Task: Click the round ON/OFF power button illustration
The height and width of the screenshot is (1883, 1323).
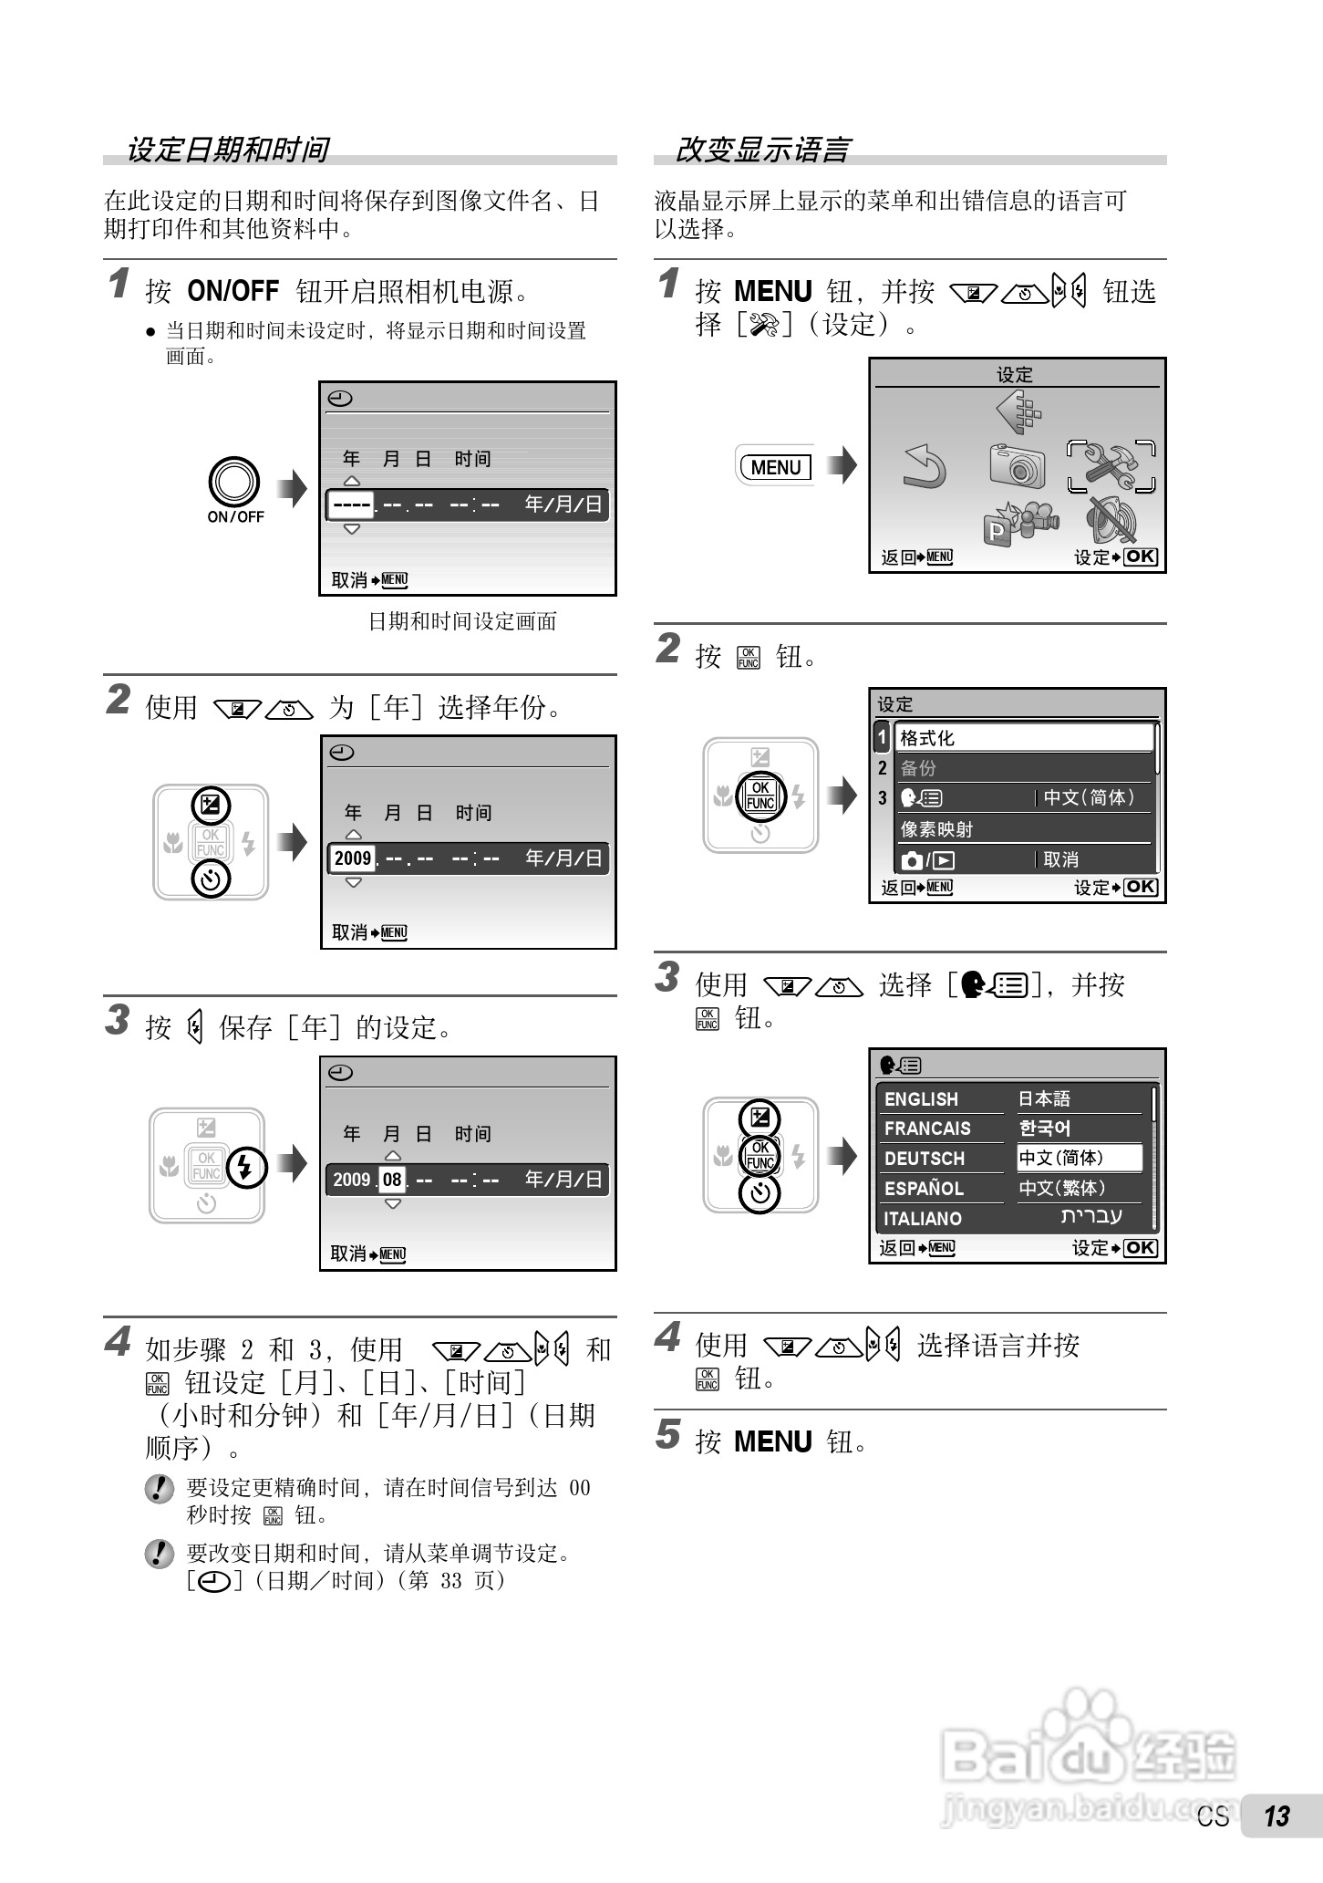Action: (234, 482)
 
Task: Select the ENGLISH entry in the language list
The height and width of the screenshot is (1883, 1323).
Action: (921, 1099)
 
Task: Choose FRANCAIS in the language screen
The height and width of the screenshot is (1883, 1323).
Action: (927, 1129)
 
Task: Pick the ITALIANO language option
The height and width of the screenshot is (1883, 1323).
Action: (922, 1219)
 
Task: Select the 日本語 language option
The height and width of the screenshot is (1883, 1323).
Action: (1045, 1099)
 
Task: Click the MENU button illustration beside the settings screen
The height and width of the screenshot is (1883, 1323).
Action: (776, 467)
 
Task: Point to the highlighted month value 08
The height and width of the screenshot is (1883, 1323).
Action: (392, 1180)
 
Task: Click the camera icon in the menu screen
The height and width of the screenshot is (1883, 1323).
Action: (1018, 465)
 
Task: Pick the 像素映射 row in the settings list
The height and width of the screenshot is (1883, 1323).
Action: (937, 829)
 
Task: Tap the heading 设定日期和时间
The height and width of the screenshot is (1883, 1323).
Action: (227, 150)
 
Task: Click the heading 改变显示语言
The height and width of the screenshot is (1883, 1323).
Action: (761, 150)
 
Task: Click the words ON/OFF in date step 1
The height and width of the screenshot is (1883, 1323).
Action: (233, 292)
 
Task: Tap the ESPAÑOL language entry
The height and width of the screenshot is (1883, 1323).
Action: (924, 1189)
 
